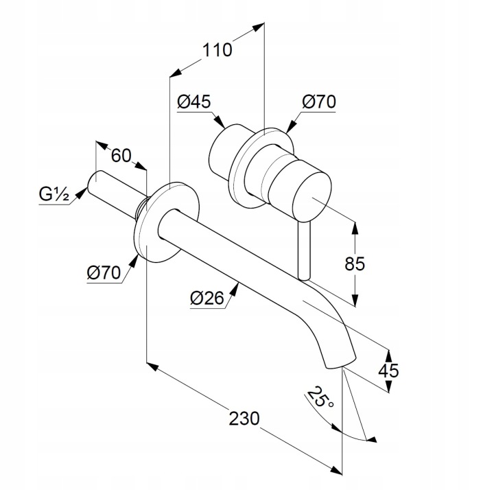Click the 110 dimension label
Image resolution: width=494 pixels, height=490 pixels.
click(217, 50)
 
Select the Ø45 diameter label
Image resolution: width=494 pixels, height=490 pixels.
click(193, 102)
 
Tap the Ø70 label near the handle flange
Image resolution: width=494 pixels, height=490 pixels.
click(319, 102)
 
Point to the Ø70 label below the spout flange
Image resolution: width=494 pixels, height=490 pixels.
click(104, 272)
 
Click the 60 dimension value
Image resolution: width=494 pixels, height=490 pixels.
click(121, 156)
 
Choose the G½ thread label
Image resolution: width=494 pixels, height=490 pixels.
click(54, 194)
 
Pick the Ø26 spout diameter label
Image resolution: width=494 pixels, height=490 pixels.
click(207, 298)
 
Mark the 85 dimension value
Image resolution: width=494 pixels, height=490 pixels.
click(355, 264)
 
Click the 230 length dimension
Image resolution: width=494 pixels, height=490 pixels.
click(244, 419)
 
